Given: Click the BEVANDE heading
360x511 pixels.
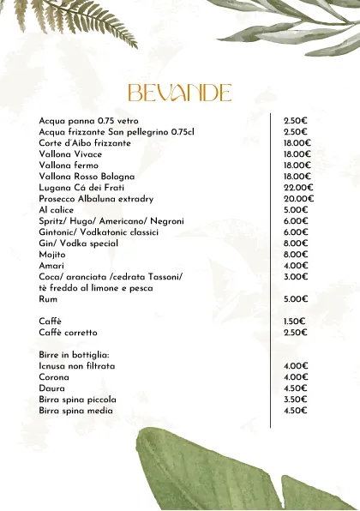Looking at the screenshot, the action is click(179, 93).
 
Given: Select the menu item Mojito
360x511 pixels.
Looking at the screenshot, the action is click(52, 255).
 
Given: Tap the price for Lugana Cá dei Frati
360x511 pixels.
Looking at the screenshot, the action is click(298, 187).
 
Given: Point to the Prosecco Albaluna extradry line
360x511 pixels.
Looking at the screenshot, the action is click(96, 199).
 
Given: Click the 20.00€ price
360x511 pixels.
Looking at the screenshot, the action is click(298, 199).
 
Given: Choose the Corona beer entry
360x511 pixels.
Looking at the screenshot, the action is click(54, 377).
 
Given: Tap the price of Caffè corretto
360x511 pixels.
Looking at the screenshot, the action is click(296, 332).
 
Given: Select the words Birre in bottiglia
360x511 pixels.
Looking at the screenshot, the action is click(74, 355).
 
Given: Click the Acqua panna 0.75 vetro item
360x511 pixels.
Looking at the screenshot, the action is click(88, 121).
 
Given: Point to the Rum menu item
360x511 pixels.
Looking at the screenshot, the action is click(48, 299).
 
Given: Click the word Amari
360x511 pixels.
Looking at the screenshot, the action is click(51, 266).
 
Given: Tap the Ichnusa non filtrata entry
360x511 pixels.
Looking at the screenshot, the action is click(77, 366).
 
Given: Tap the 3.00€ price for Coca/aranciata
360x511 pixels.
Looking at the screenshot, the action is click(296, 277).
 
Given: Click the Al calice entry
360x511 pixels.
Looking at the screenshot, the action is click(57, 210).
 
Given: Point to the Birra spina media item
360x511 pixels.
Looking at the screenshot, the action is click(76, 411).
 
